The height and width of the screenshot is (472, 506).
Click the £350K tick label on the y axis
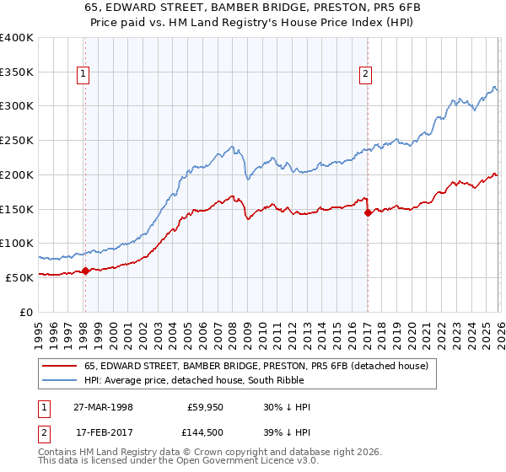17,72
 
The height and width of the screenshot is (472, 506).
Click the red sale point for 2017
368,213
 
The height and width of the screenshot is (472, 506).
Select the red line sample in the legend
59,366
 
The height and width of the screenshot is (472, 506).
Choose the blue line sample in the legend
59,380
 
